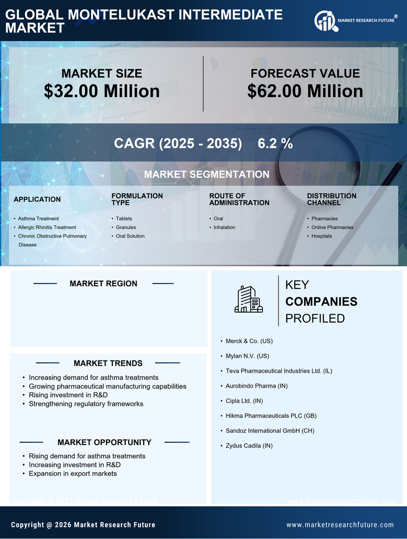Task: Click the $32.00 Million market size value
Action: pyautogui.click(x=102, y=91)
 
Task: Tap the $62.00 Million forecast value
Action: pyautogui.click(x=305, y=91)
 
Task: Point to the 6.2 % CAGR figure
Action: pyautogui.click(x=275, y=144)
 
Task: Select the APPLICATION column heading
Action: pyautogui.click(x=37, y=200)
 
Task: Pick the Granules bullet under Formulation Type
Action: pyautogui.click(x=126, y=228)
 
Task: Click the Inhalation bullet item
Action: pyautogui.click(x=224, y=228)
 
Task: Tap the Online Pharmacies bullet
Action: pyautogui.click(x=332, y=228)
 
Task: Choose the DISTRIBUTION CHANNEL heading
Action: pyautogui.click(x=332, y=200)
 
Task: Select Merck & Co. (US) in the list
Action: pyautogui.click(x=249, y=341)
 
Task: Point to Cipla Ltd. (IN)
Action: pyautogui.click(x=244, y=401)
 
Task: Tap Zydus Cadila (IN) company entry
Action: pyautogui.click(x=249, y=446)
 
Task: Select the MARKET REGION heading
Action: pyautogui.click(x=103, y=283)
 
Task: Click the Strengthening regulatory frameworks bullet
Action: pyautogui.click(x=86, y=404)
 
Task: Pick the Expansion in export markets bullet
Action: pyautogui.click(x=73, y=474)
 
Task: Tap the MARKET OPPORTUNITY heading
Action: pyautogui.click(x=105, y=442)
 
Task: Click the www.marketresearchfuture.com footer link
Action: pyautogui.click(x=340, y=525)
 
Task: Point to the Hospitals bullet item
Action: pyautogui.click(x=321, y=236)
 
